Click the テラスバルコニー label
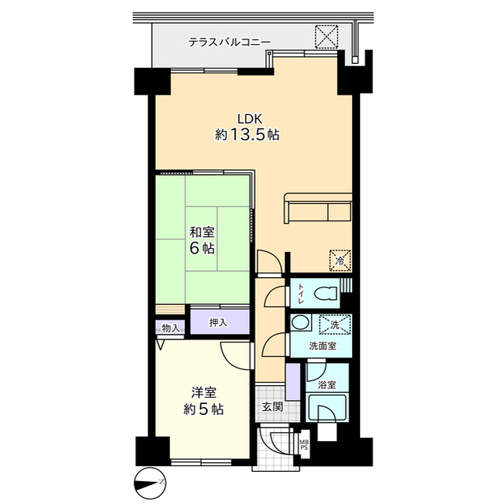(229, 42)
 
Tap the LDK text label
(250, 119)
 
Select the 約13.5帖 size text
(246, 135)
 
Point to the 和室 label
(202, 232)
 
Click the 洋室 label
(204, 393)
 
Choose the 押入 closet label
(219, 323)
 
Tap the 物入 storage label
(170, 328)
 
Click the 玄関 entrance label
(272, 407)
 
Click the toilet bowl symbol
(325, 294)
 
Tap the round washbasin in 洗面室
(301, 322)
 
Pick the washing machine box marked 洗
(335, 325)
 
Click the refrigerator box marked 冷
(339, 261)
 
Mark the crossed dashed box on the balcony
(326, 36)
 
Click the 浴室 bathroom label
(327, 385)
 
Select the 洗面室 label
(323, 346)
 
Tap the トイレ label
(301, 294)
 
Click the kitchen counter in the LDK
(318, 208)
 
